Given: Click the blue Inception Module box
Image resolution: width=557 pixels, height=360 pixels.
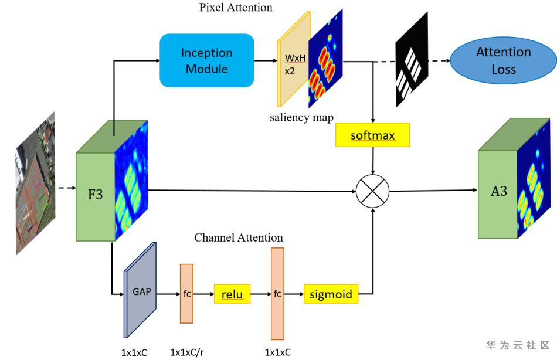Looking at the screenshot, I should pos(206,61).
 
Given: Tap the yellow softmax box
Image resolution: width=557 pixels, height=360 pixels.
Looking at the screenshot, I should pos(372,135).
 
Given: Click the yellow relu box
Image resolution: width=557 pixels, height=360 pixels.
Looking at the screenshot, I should pos(232,293).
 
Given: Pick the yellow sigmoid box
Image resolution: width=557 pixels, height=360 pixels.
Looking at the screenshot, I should pos(331,293).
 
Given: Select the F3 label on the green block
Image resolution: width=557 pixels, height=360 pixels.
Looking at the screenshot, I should pos(95,194).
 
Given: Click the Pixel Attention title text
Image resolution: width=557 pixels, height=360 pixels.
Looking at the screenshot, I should pos(236,8).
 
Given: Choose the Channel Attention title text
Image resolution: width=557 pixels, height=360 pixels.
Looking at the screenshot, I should pos(239,237).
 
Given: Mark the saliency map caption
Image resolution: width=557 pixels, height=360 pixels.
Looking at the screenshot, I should pos(301,117).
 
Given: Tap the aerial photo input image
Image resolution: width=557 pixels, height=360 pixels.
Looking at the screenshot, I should pos(35,183).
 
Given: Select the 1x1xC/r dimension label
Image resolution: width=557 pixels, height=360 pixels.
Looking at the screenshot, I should pos(188,352).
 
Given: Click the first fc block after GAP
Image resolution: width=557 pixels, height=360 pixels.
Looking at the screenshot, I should pos(186,293).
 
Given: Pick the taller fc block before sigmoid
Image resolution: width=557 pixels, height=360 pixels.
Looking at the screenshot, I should pos(277,293).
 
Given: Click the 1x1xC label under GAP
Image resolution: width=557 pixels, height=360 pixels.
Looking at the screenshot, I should pos(134,352).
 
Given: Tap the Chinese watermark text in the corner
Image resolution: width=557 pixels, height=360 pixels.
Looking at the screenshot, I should pos(518,345).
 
